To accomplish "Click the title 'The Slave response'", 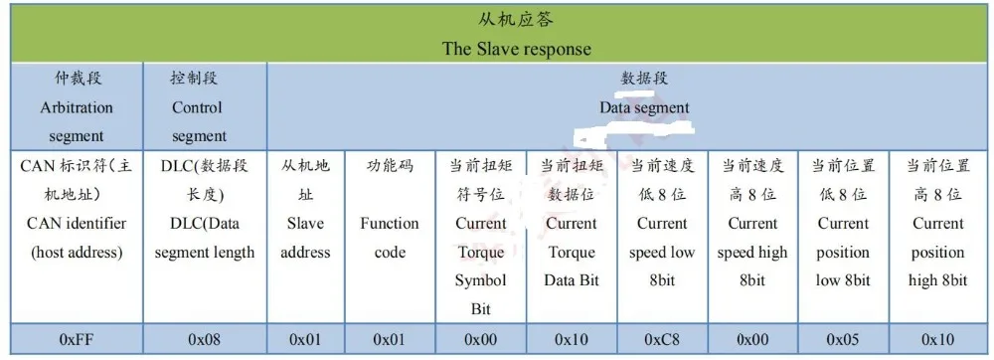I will point(516,49).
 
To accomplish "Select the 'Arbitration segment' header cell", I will point(77,106).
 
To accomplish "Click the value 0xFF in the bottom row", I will point(77,339).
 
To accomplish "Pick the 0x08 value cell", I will point(204,339).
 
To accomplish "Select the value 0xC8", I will point(661,339).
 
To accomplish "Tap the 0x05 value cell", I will point(842,339).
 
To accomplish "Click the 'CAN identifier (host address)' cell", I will point(77,237).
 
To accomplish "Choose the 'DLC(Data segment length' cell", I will point(204,237).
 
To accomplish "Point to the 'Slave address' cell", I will point(305,237).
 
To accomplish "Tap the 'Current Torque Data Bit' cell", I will point(572,237).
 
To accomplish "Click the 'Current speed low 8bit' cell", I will point(661,237).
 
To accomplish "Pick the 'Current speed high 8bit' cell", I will point(752,237).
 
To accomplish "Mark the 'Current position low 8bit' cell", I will point(842,237).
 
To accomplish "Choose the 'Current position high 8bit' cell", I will point(937,237).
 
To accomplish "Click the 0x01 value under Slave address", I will point(305,339).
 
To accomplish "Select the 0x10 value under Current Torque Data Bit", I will point(572,339).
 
